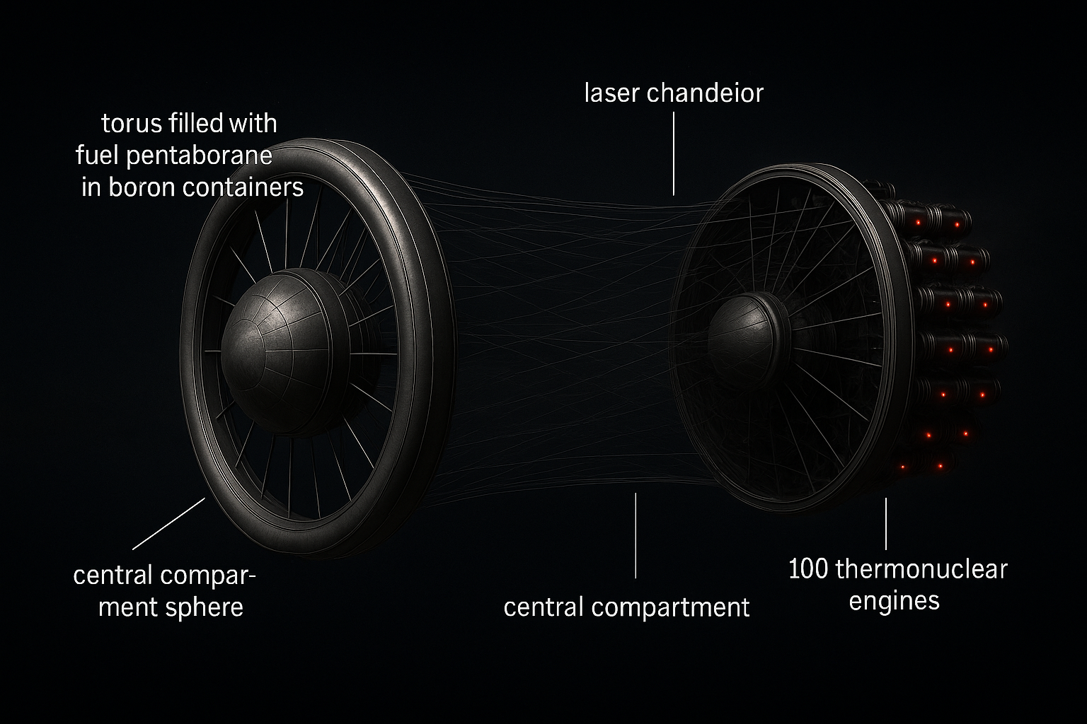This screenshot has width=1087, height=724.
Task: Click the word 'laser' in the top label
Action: pos(609,93)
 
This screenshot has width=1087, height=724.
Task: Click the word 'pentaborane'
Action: pos(199,156)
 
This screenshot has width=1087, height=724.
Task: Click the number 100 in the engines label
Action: pos(808,569)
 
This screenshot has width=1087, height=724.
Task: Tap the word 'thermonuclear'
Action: pos(921,569)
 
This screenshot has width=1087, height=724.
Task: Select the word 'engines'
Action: pos(894,600)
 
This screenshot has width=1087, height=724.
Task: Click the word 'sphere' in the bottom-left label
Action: pos(208,607)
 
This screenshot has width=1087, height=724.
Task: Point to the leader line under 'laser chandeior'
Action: pos(674,155)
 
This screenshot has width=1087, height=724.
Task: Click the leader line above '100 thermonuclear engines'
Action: pos(885,523)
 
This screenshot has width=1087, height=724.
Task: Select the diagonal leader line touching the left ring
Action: pos(169,523)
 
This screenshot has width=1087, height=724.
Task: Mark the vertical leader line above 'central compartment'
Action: pos(635,535)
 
